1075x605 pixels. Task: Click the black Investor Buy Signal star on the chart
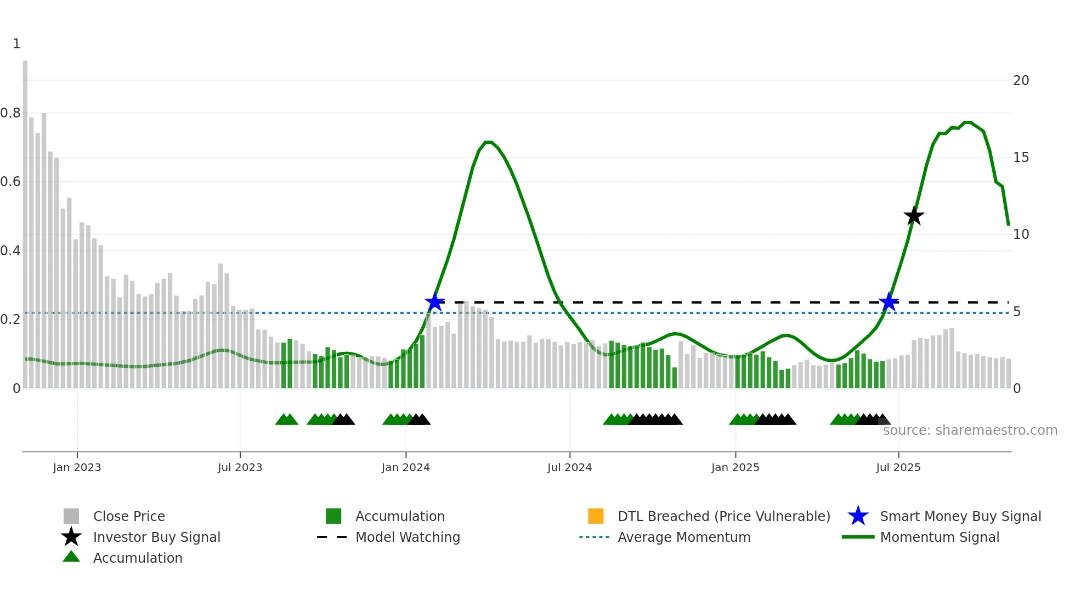(x=914, y=216)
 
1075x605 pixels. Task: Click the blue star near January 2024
(x=434, y=302)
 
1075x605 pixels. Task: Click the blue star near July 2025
(x=889, y=302)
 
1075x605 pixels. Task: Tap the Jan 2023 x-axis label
(x=77, y=467)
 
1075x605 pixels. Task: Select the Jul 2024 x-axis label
(x=569, y=467)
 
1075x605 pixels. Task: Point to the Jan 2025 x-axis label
(x=735, y=467)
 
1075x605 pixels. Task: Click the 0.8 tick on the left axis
(x=10, y=113)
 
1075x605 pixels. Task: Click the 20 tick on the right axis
(x=1021, y=81)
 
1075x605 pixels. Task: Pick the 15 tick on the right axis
(x=1021, y=158)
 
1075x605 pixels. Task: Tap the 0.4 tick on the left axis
(x=10, y=251)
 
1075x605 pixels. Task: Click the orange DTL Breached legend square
(x=596, y=516)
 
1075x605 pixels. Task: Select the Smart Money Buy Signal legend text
(x=960, y=516)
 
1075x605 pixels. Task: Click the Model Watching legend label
(x=408, y=537)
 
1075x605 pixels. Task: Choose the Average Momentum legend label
(x=684, y=537)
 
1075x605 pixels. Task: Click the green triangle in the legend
(x=71, y=557)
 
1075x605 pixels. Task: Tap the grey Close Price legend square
(x=71, y=516)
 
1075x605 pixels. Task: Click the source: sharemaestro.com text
(x=970, y=430)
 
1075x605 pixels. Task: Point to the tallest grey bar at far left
(x=25, y=220)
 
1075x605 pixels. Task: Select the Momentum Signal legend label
(x=940, y=537)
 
